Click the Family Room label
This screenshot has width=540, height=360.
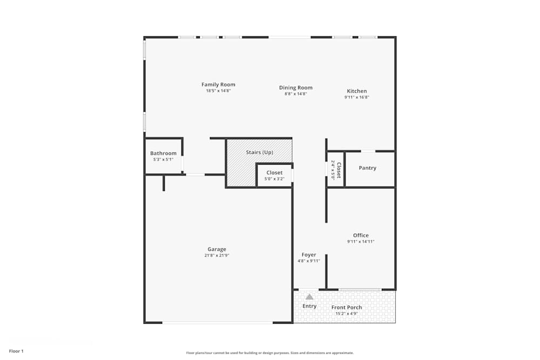pos(218,85)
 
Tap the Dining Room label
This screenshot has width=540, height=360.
pos(295,88)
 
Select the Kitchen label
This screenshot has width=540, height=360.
pos(356,91)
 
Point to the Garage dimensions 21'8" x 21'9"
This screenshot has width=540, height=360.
pos(217,256)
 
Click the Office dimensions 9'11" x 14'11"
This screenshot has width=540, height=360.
pos(361,242)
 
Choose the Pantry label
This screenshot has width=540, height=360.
pos(367,168)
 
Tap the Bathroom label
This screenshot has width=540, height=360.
pos(163,153)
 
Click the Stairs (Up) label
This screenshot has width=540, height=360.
pos(259,152)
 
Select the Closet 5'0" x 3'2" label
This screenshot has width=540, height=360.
pos(274,173)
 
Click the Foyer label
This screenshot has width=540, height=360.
pos(309,255)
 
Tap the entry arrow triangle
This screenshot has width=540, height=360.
pos(309,297)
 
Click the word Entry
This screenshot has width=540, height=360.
pos(309,306)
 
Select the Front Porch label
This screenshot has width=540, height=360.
pos(347,308)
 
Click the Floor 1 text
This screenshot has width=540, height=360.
pos(16,351)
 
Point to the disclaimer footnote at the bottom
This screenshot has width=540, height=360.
pos(269,352)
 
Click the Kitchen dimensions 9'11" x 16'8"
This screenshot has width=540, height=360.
pos(356,98)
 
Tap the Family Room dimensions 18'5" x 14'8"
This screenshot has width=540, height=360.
pos(218,91)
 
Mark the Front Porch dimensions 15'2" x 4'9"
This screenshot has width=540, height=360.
pos(347,314)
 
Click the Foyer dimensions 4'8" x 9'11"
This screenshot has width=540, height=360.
pos(309,261)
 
